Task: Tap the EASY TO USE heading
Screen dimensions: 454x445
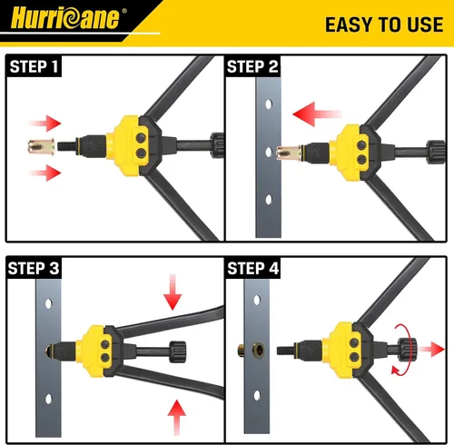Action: coord(384,25)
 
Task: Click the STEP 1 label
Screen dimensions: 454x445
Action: coord(34,66)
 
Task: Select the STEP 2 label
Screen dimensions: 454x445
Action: coord(252,66)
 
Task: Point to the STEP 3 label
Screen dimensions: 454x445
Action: coord(34,269)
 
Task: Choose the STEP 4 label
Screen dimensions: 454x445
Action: coord(253,269)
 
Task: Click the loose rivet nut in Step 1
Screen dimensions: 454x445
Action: coord(42,147)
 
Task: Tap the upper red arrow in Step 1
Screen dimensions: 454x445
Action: coord(45,124)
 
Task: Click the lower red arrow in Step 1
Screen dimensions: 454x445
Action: coord(45,173)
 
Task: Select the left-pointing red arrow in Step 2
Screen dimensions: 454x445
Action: coord(317,114)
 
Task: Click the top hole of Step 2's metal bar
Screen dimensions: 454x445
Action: coord(269,104)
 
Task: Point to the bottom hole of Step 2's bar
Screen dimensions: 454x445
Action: coord(269,200)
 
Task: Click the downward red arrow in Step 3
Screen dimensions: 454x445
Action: coord(173,292)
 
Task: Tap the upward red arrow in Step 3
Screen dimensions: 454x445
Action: coord(177,418)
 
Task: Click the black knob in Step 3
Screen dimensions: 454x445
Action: coord(177,351)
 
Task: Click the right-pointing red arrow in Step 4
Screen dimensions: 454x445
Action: coord(431,350)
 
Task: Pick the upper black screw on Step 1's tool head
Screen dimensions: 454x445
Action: coord(140,138)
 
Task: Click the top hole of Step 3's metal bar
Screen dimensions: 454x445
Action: coord(48,303)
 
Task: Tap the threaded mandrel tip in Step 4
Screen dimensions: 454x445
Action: coord(284,351)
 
